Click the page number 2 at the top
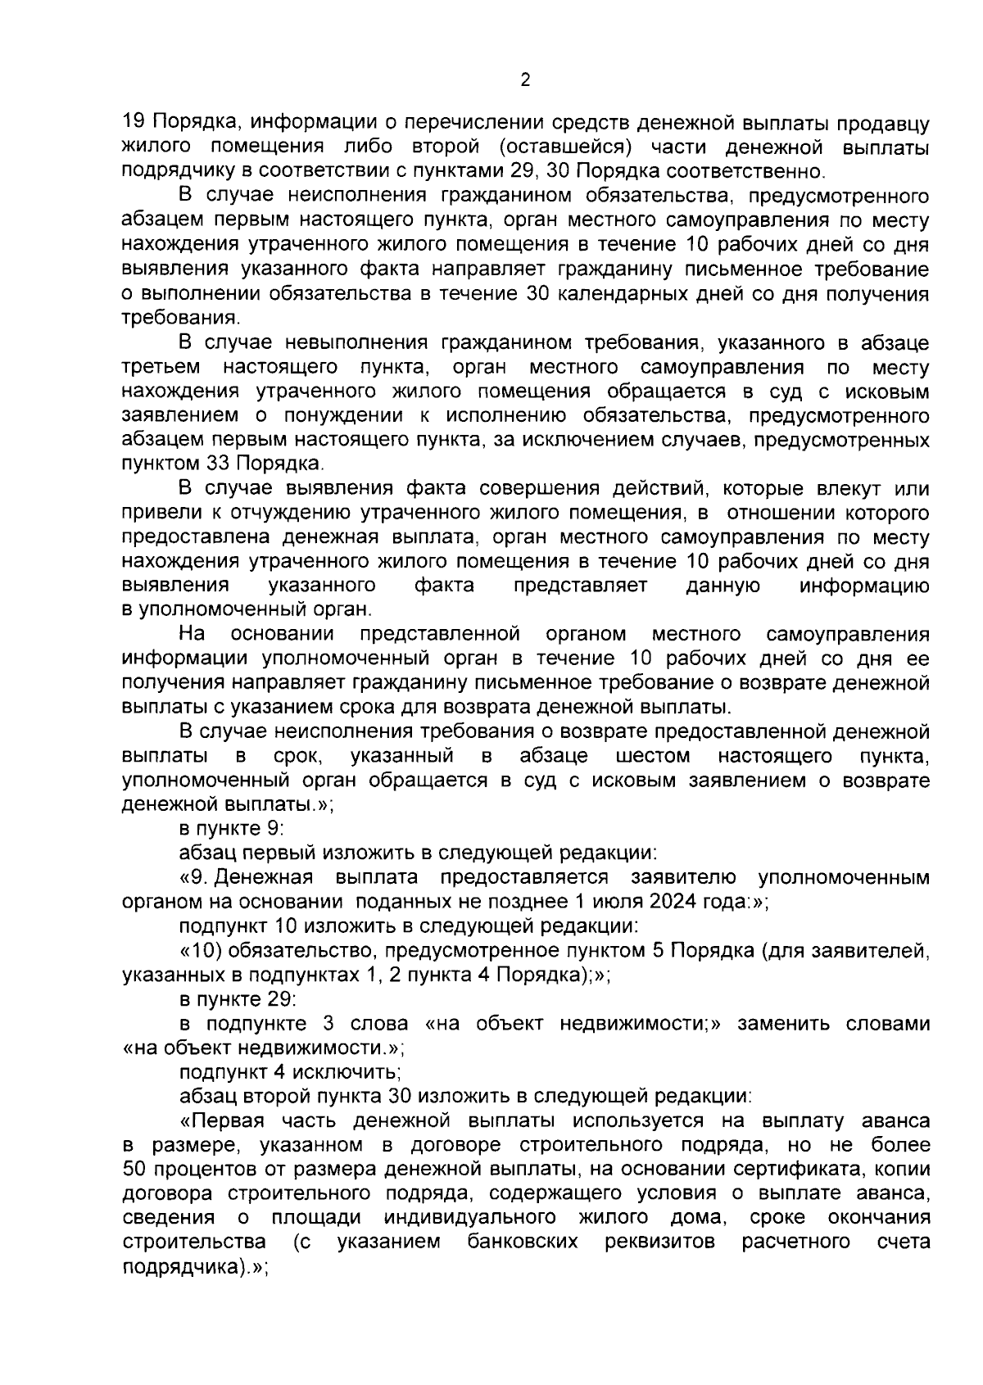coord(525,80)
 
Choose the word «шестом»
coord(652,755)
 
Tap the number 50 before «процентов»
coord(134,1169)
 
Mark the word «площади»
coord(316,1217)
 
